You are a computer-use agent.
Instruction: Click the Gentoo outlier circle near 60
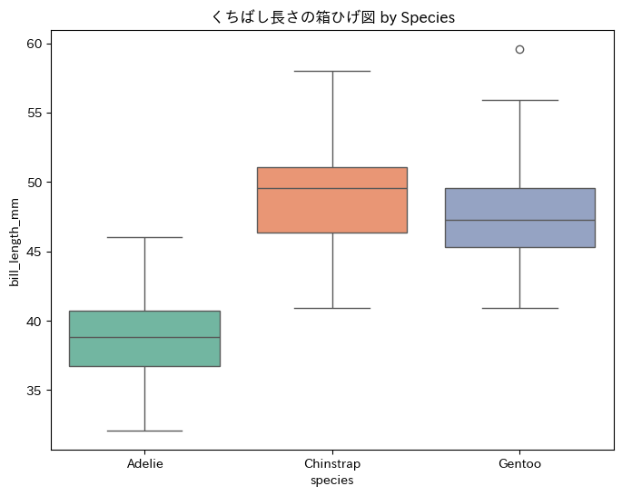(x=519, y=49)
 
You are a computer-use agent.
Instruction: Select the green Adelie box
(x=144, y=351)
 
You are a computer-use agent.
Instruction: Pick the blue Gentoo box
(x=519, y=233)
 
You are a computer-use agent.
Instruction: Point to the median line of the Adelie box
(x=144, y=337)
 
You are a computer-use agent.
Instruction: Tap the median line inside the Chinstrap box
(x=332, y=188)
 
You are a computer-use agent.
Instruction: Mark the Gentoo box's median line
(x=519, y=220)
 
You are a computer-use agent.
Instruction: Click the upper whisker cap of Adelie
(x=144, y=237)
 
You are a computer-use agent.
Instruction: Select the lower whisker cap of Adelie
(x=144, y=431)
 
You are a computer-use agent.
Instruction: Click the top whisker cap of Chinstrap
(x=332, y=71)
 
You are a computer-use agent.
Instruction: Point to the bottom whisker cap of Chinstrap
(x=332, y=308)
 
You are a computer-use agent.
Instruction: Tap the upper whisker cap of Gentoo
(x=519, y=100)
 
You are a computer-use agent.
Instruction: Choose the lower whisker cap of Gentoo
(x=519, y=308)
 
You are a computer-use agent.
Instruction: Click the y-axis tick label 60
(x=34, y=44)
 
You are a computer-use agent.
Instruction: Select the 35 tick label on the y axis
(x=34, y=391)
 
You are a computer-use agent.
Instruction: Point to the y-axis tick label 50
(x=34, y=183)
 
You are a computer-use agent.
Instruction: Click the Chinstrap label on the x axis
(x=332, y=464)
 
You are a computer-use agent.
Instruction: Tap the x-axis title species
(x=332, y=480)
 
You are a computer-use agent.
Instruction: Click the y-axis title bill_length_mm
(x=15, y=245)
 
